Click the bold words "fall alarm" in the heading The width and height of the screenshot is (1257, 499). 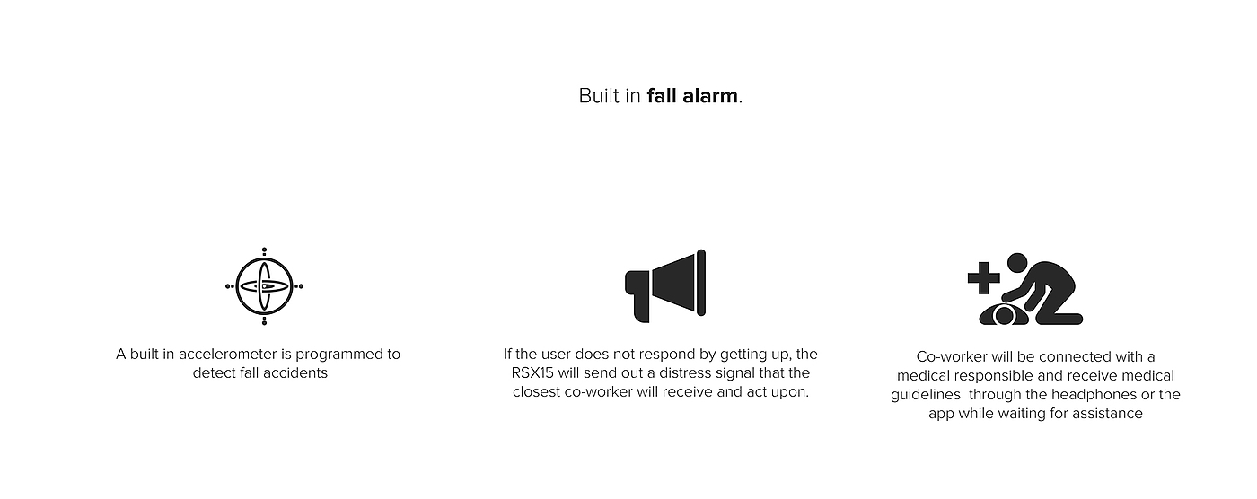pos(692,96)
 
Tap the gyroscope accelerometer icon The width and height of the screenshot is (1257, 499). pos(264,286)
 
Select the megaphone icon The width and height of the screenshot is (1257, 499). pos(665,286)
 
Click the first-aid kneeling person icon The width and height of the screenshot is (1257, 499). pos(1025,289)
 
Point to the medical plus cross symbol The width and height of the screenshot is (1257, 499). pos(984,277)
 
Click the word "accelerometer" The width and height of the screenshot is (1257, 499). pos(228,355)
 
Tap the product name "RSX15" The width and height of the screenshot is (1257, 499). pos(532,373)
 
